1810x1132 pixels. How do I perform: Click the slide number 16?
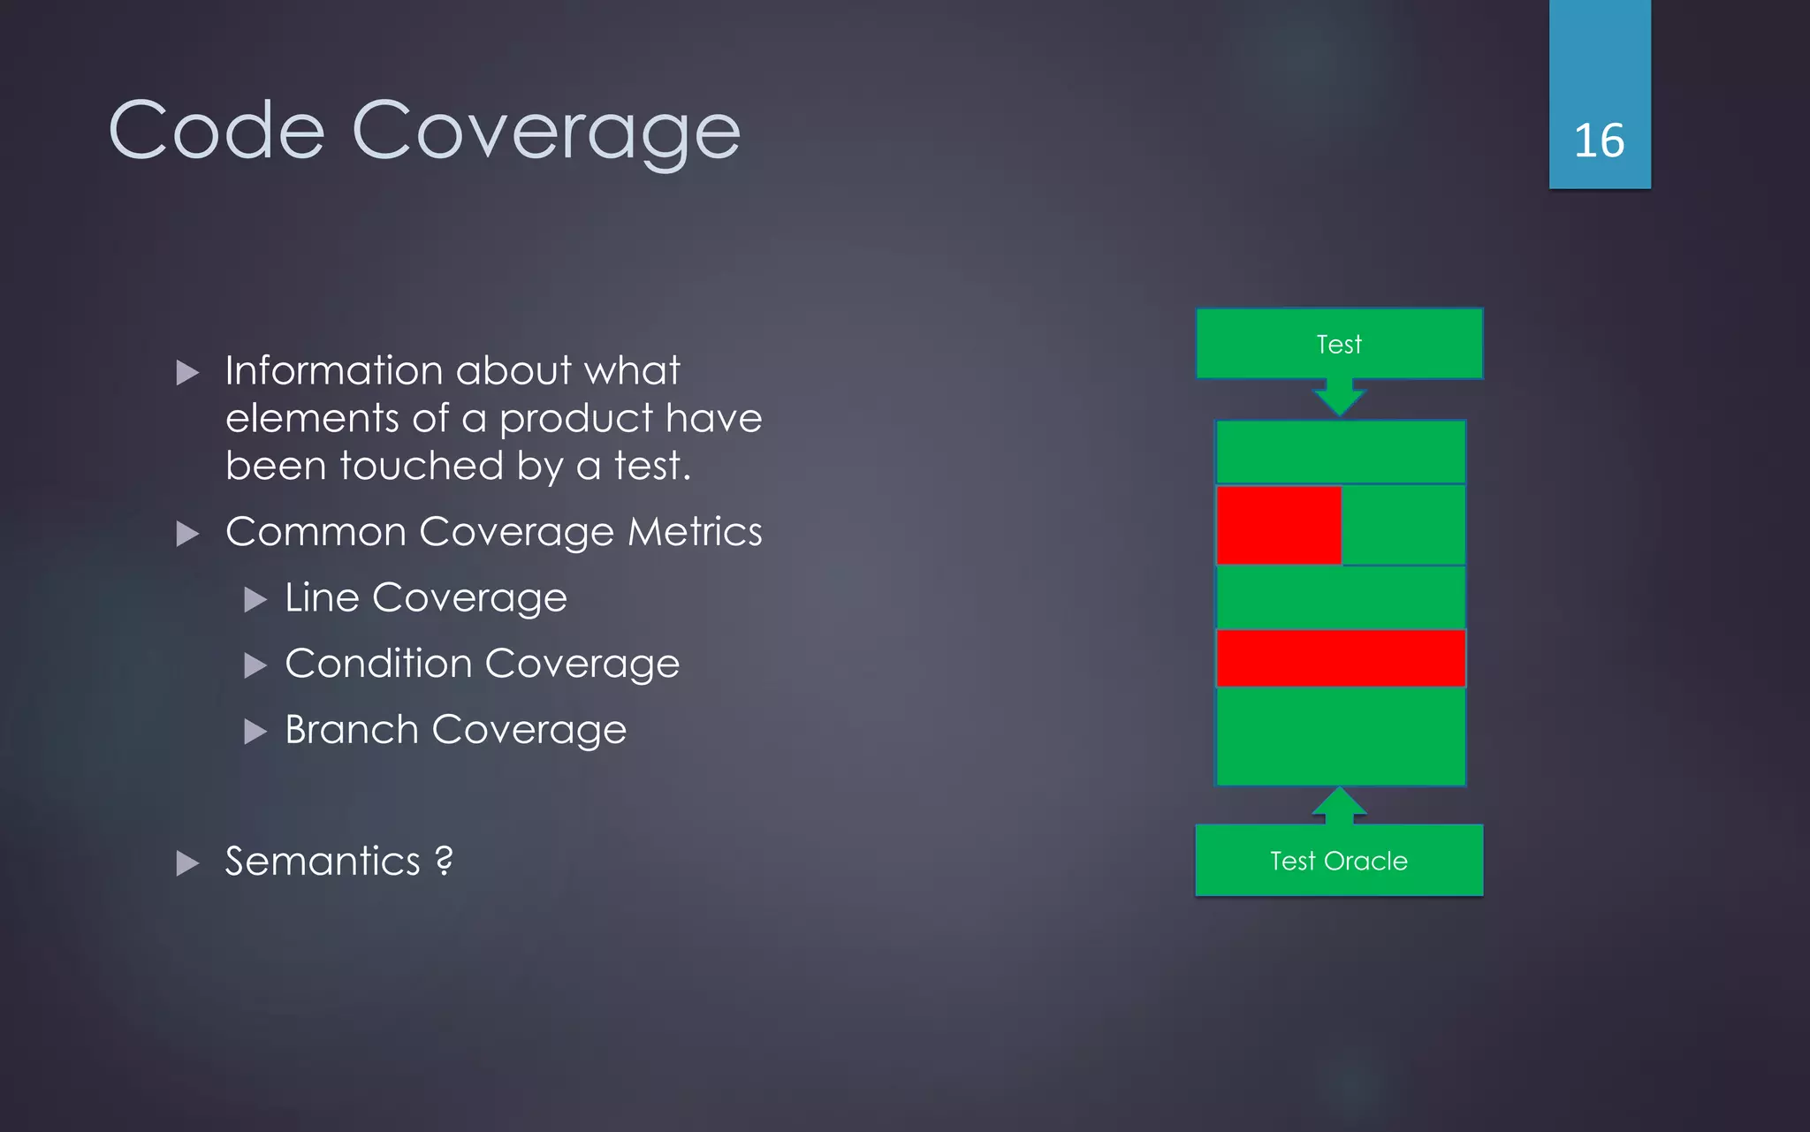[x=1599, y=141]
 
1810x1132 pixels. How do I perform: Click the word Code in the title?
[x=217, y=131]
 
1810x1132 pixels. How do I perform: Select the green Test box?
[x=1339, y=344]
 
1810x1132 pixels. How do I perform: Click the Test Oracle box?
[x=1339, y=861]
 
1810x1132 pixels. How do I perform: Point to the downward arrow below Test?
[x=1339, y=398]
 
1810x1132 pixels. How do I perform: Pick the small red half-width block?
[x=1278, y=525]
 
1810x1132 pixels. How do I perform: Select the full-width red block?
[x=1341, y=658]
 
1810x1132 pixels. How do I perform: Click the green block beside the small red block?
[x=1403, y=525]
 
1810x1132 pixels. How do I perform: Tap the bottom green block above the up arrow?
[x=1341, y=736]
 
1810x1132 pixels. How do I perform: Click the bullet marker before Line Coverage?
[x=255, y=600]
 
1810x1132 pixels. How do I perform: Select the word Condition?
[x=378, y=664]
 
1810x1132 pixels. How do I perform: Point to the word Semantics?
[x=323, y=862]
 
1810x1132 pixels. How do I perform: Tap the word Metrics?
[x=695, y=532]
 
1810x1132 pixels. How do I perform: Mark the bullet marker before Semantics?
[x=187, y=863]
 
